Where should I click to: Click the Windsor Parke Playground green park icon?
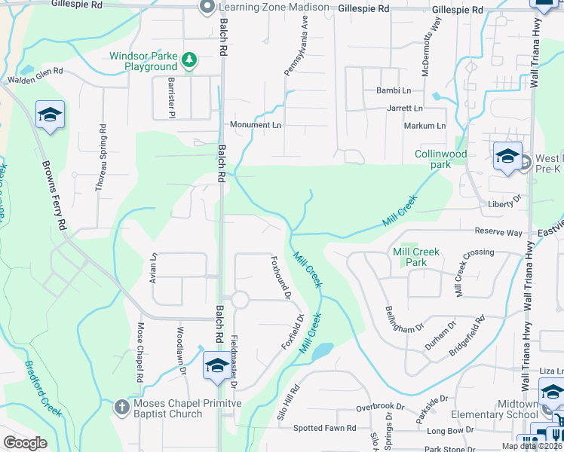[190, 59]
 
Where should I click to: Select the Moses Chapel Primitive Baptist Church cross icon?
[121, 408]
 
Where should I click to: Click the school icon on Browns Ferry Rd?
[50, 115]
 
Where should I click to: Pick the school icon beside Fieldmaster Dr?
[217, 366]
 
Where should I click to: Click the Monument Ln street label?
[255, 124]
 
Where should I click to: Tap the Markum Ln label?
[425, 126]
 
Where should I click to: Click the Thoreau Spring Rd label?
[100, 157]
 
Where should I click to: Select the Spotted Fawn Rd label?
[324, 428]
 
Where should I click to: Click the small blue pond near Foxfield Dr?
[322, 350]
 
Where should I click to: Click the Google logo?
[25, 442]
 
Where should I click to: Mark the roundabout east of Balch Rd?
[240, 300]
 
